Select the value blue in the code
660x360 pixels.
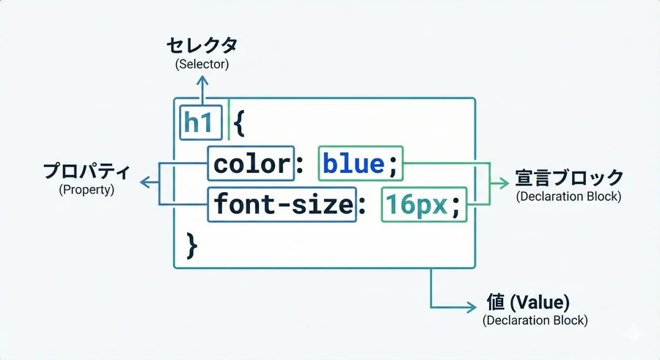coord(353,164)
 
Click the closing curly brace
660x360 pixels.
coord(192,244)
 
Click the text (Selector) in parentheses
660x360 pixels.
coord(202,65)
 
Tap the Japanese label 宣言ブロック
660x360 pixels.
coord(569,178)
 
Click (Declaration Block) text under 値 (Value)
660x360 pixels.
coord(535,321)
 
